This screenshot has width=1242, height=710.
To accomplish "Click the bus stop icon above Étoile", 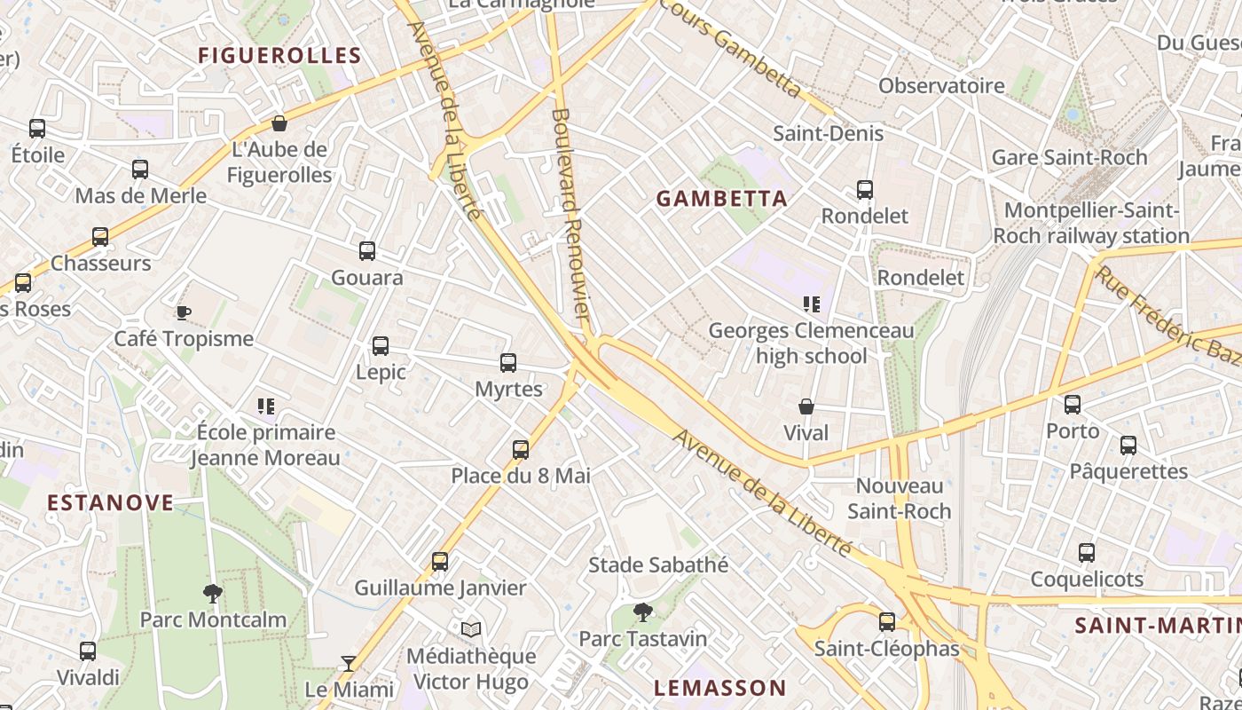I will (x=37, y=129).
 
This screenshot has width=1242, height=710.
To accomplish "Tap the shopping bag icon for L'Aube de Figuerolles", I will (x=279, y=123).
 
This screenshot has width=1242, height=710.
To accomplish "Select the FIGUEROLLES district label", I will (x=279, y=55).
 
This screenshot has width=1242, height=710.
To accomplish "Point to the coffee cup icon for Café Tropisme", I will (x=183, y=312).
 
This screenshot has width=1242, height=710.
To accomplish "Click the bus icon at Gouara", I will (x=367, y=251).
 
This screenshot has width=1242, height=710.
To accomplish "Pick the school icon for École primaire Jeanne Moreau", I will (x=266, y=406).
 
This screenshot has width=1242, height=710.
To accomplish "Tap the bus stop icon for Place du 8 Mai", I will (x=521, y=450).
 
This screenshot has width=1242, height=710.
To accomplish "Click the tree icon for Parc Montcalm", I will (x=213, y=593).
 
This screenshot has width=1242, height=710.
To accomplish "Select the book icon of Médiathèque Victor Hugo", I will (x=471, y=629).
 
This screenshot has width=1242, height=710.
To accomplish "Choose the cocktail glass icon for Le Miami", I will (x=349, y=663).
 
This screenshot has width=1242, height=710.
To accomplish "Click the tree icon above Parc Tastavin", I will (x=643, y=611).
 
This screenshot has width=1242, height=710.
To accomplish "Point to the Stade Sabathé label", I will (x=658, y=564).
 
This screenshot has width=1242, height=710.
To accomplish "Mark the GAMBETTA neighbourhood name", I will (x=722, y=198).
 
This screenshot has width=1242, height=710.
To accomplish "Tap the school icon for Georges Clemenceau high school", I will (x=811, y=304).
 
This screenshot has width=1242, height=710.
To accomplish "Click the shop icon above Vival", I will (x=806, y=406).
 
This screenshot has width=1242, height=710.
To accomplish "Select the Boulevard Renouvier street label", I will (x=570, y=213).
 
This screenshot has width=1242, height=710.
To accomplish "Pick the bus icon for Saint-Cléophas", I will (x=887, y=622).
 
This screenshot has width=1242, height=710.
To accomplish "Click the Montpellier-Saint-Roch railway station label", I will (x=1090, y=223).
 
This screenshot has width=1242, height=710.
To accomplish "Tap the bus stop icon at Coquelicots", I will (x=1087, y=553).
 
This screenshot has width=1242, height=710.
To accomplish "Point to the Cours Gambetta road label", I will (x=732, y=49).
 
